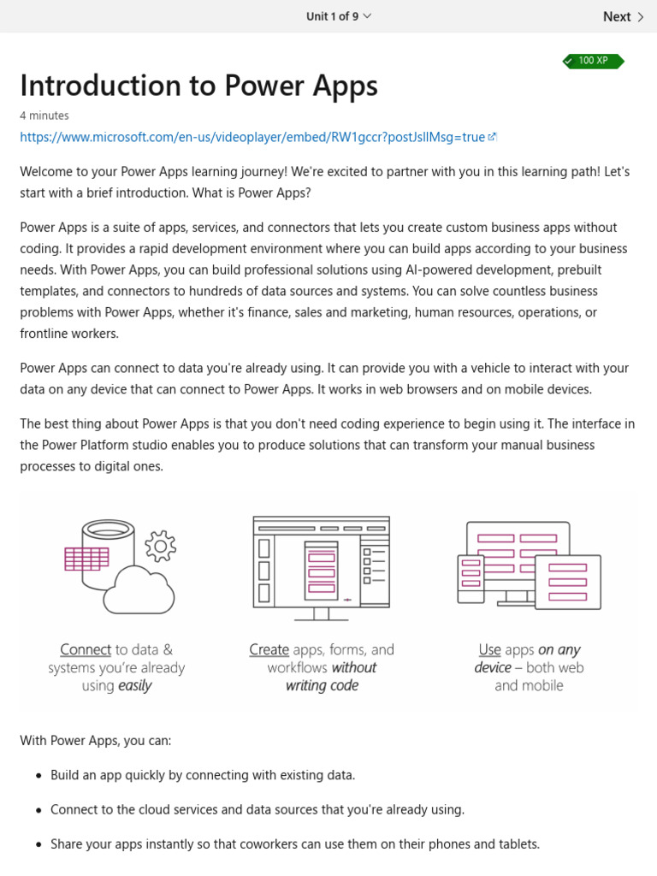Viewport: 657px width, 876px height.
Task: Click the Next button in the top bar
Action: coord(623,16)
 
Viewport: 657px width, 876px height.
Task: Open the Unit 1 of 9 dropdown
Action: coord(339,16)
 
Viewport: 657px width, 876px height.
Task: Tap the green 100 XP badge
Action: coord(593,61)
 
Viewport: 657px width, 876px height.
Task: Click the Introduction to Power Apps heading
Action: coord(198,86)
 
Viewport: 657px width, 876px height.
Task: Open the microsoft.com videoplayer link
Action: coord(252,137)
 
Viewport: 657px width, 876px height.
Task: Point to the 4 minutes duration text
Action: coord(44,115)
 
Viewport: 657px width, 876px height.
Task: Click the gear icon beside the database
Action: coord(160,546)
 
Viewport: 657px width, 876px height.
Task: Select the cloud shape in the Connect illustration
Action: coord(139,589)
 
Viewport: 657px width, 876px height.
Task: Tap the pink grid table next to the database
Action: coord(86,559)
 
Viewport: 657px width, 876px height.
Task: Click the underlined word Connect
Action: coord(86,650)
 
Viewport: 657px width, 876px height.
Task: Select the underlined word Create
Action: coord(269,650)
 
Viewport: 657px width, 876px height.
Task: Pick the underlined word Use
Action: coord(489,650)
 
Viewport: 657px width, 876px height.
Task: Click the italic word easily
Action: coord(135,686)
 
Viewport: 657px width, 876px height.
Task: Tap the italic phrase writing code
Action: coord(323,686)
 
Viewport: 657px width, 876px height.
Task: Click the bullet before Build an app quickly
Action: coord(38,776)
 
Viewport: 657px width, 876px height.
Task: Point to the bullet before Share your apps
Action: coord(38,845)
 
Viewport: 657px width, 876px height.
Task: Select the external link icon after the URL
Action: coord(493,137)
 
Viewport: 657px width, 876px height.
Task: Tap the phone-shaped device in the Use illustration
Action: coord(471,572)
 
